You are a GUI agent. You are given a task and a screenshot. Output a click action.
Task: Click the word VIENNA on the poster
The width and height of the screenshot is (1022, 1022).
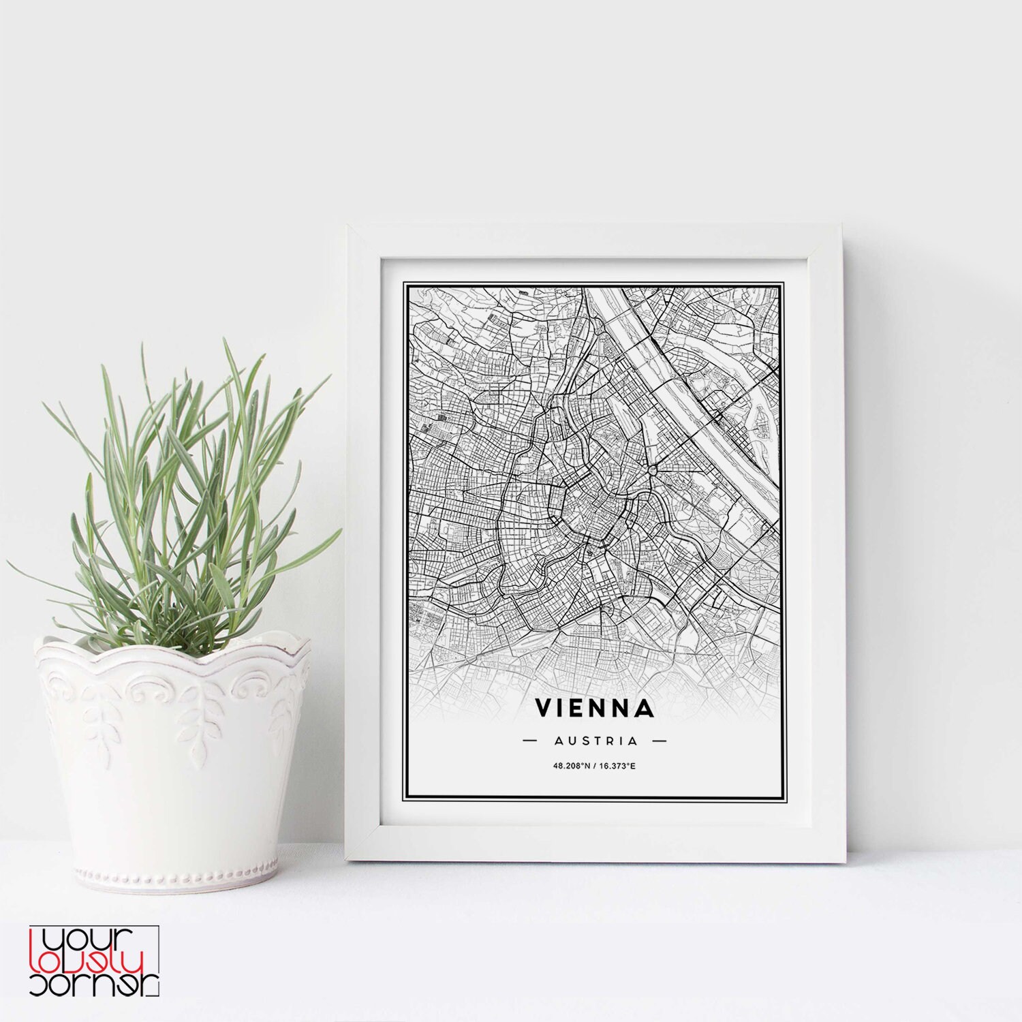point(595,708)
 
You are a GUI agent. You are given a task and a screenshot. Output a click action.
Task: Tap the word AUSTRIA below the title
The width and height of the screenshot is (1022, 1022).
point(595,741)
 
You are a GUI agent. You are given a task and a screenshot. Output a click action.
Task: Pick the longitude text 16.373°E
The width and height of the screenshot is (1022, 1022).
point(618,766)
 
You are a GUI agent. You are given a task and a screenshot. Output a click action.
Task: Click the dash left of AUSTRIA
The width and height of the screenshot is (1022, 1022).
point(530,741)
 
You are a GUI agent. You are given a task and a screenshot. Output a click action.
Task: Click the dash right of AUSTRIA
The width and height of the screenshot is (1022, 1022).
point(659,741)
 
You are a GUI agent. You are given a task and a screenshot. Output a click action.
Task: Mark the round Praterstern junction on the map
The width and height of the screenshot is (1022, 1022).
point(653,469)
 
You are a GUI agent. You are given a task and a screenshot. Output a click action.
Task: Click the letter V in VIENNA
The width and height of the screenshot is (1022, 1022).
point(544,708)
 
